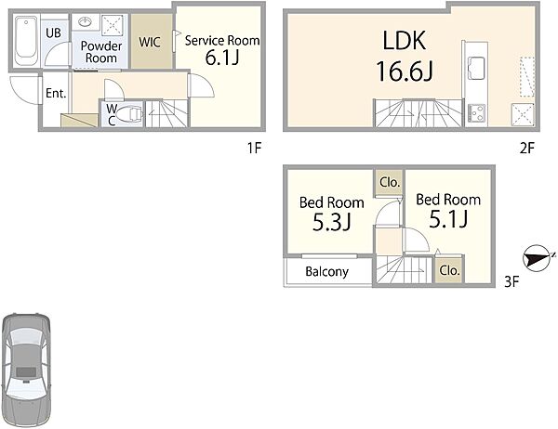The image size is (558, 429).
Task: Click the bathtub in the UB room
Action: [x=26, y=39]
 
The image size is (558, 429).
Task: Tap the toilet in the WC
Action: [x=130, y=114]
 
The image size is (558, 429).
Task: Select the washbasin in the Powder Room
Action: [x=86, y=22]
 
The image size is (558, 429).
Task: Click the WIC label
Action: [x=150, y=42]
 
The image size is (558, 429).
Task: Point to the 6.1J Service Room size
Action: [x=221, y=58]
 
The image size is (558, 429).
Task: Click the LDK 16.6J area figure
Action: [x=405, y=71]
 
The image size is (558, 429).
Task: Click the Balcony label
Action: [x=326, y=271]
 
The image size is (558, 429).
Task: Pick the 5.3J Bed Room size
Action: [x=332, y=223]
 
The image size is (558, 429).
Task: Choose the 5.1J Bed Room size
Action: [x=448, y=219]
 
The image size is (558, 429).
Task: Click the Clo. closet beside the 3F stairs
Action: [x=449, y=270]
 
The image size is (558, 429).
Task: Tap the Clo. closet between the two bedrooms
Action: [x=390, y=182]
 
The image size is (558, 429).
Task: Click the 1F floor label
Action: [x=255, y=148]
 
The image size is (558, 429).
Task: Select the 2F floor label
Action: [x=527, y=148]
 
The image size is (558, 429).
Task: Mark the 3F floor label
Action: [x=511, y=282]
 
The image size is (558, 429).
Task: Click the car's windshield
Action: [x=26, y=336]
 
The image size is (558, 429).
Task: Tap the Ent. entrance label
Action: [x=56, y=94]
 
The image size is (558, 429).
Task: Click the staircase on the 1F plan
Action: [x=166, y=113]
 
